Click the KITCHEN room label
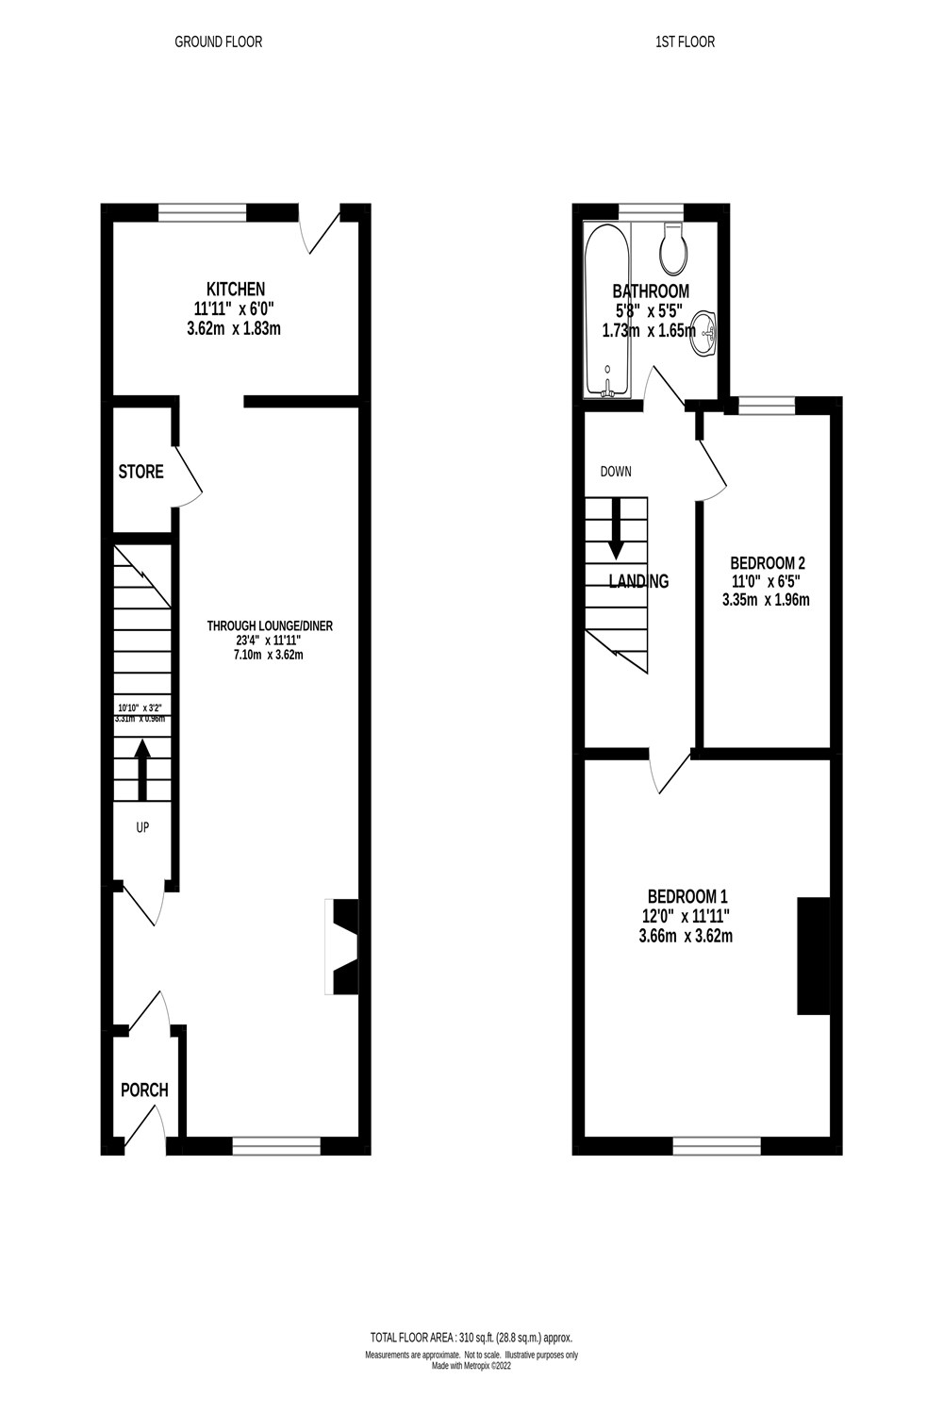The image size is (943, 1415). click(x=236, y=289)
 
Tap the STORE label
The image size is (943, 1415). click(x=141, y=472)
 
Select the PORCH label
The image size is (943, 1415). click(x=144, y=1090)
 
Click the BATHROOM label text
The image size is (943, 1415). click(x=651, y=291)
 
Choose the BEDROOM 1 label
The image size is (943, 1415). click(x=687, y=896)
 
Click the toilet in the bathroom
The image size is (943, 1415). click(x=674, y=247)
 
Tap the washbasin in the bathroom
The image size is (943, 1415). click(x=705, y=331)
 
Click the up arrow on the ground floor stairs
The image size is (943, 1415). click(x=142, y=769)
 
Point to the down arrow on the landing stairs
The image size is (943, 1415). click(x=617, y=528)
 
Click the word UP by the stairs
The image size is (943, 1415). click(x=143, y=827)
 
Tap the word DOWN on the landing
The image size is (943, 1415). click(x=616, y=472)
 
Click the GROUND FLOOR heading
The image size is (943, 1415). click(x=219, y=42)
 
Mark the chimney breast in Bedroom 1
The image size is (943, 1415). click(x=814, y=956)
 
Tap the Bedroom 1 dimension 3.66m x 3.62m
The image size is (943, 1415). click(x=687, y=937)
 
